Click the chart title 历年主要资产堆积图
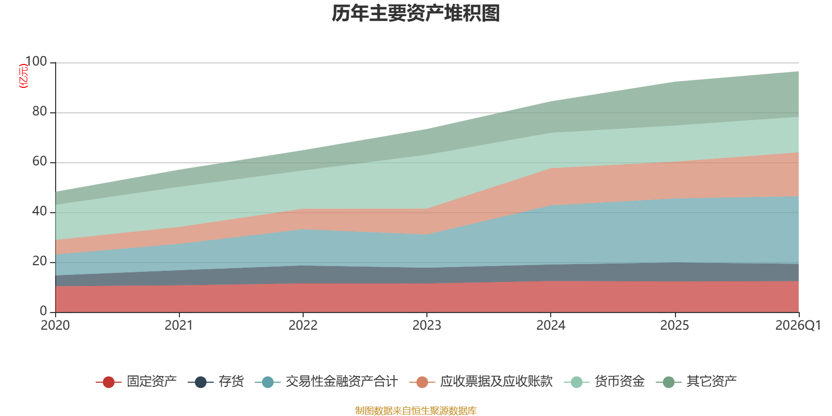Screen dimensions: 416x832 pyautogui.click(x=416, y=14)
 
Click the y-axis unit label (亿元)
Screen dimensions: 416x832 pyautogui.click(x=23, y=76)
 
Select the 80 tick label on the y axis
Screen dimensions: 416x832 pyautogui.click(x=39, y=112)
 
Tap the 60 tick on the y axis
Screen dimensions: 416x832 pyautogui.click(x=39, y=162)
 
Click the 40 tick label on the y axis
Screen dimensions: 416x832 pyautogui.click(x=39, y=212)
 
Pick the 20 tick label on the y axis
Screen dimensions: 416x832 pyautogui.click(x=39, y=262)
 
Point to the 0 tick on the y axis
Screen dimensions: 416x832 pyautogui.click(x=43, y=311)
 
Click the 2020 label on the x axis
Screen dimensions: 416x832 pyautogui.click(x=55, y=326)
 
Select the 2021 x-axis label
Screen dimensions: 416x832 pyautogui.click(x=179, y=326)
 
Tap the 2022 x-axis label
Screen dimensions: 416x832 pyautogui.click(x=303, y=326)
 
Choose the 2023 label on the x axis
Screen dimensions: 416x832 pyautogui.click(x=426, y=326)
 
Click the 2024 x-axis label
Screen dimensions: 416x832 pyautogui.click(x=551, y=326)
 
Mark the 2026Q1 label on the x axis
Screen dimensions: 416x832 pyautogui.click(x=798, y=326)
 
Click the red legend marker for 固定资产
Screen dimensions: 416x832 pyautogui.click(x=109, y=382)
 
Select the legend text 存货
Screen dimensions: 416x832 pyautogui.click(x=231, y=382)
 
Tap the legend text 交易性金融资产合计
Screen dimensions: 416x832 pyautogui.click(x=342, y=382)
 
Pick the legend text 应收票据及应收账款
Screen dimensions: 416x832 pyautogui.click(x=496, y=382)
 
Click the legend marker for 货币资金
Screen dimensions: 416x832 pyautogui.click(x=576, y=382)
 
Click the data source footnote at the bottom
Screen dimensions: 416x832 pyautogui.click(x=416, y=411)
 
